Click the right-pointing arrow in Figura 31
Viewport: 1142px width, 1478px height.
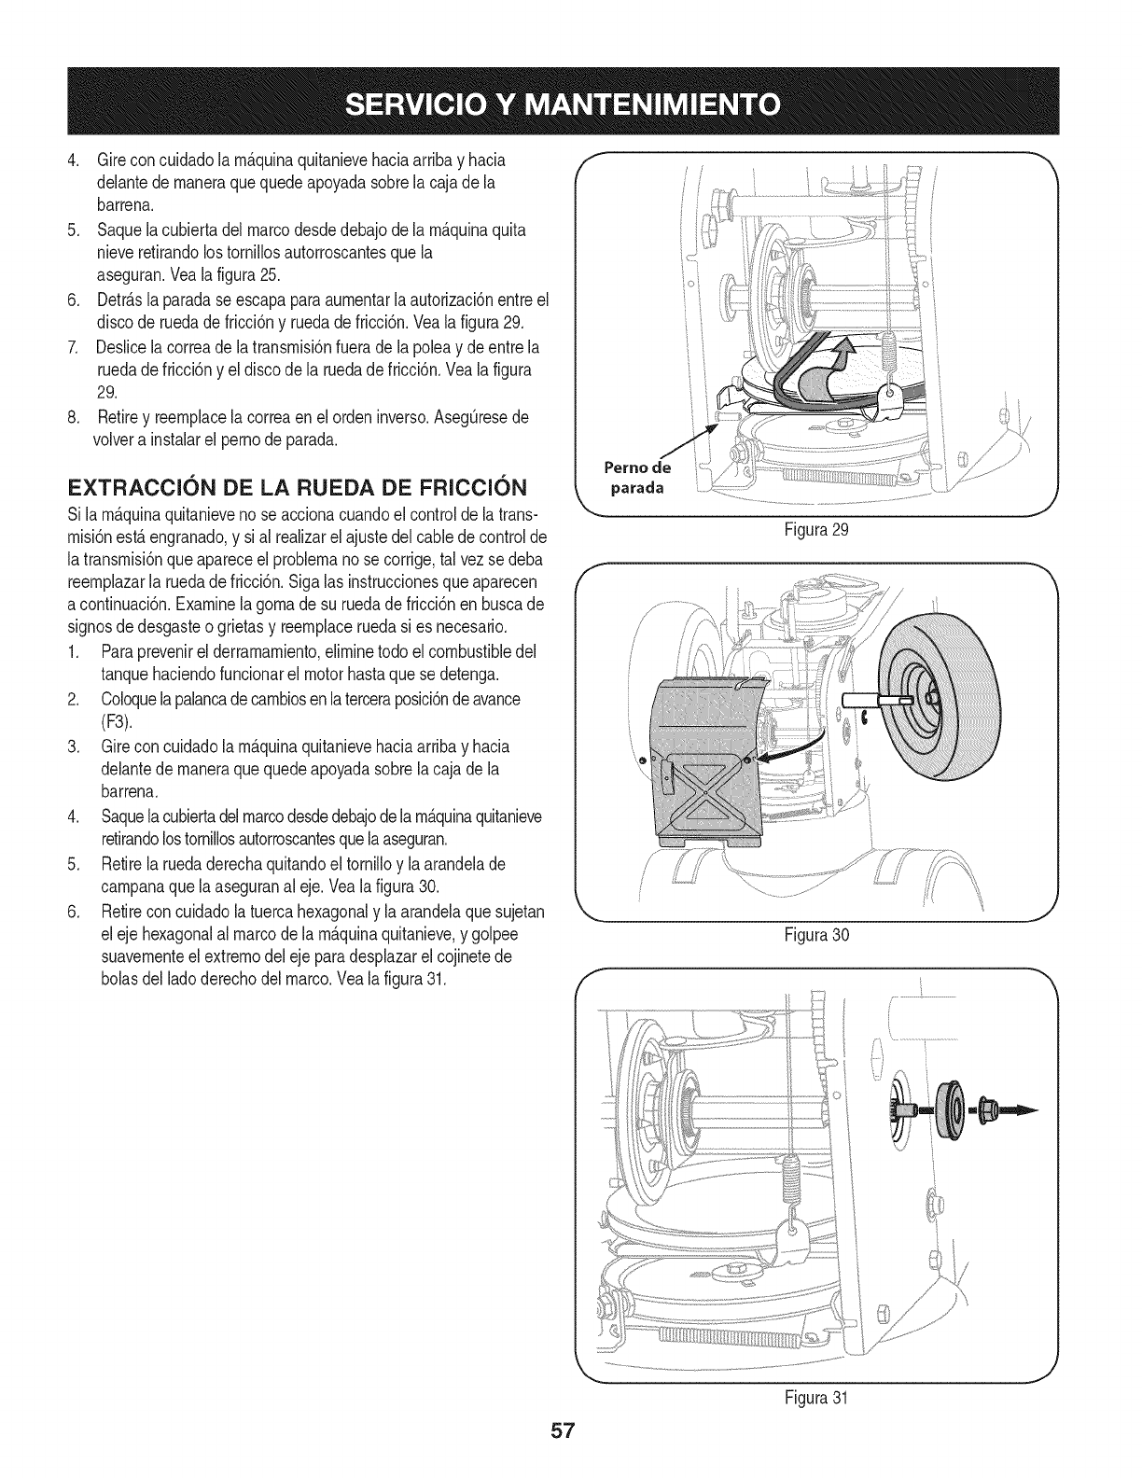1018,1109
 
